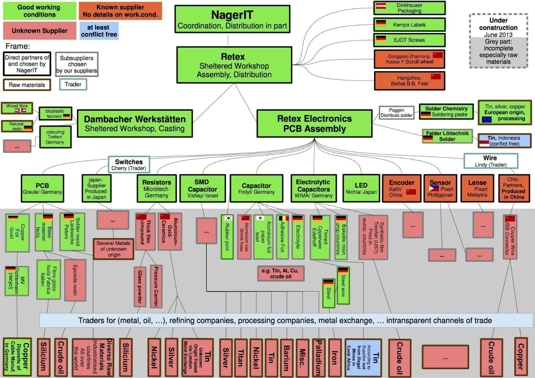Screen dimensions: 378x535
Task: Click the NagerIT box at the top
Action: pyautogui.click(x=232, y=19)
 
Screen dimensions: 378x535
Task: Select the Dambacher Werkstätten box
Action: pyautogui.click(x=135, y=123)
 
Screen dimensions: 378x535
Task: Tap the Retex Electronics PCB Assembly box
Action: pyautogui.click(x=314, y=123)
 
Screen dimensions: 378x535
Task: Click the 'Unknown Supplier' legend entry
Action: pyautogui.click(x=40, y=31)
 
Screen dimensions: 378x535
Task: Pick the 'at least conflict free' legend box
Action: pyautogui.click(x=99, y=31)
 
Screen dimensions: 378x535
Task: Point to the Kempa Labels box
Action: pyautogui.click(x=409, y=25)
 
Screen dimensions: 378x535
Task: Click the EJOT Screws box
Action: pyautogui.click(x=409, y=40)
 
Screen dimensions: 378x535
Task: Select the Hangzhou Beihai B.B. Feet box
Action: pyautogui.click(x=409, y=81)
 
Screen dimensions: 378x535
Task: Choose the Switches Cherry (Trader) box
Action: pyautogui.click(x=129, y=165)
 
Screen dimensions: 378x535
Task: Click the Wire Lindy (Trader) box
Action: pyautogui.click(x=490, y=161)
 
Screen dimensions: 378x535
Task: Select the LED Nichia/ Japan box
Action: pyautogui.click(x=361, y=188)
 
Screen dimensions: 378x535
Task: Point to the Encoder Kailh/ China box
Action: pyautogui.click(x=402, y=188)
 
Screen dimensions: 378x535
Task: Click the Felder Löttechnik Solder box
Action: pyautogui.click(x=447, y=136)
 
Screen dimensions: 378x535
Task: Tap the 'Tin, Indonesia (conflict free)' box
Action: pyautogui.click(x=504, y=141)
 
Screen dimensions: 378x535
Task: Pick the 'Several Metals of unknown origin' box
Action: pyautogui.click(x=113, y=249)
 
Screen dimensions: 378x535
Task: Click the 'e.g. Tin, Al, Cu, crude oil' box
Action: pyautogui.click(x=281, y=273)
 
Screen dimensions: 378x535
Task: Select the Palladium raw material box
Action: pyautogui.click(x=319, y=358)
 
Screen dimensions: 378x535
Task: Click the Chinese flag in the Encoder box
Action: pyautogui.click(x=411, y=191)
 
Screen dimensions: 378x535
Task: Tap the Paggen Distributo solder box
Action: pyautogui.click(x=396, y=113)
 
